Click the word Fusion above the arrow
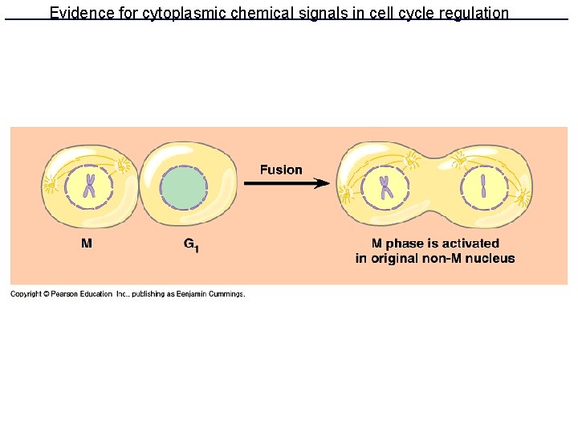coord(281,170)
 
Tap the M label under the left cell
coord(86,244)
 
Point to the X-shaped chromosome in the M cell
coord(90,186)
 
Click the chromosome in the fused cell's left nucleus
coord(385,187)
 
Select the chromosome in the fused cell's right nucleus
coord(484,187)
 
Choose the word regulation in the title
coord(473,13)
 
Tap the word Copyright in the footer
coord(26,294)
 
